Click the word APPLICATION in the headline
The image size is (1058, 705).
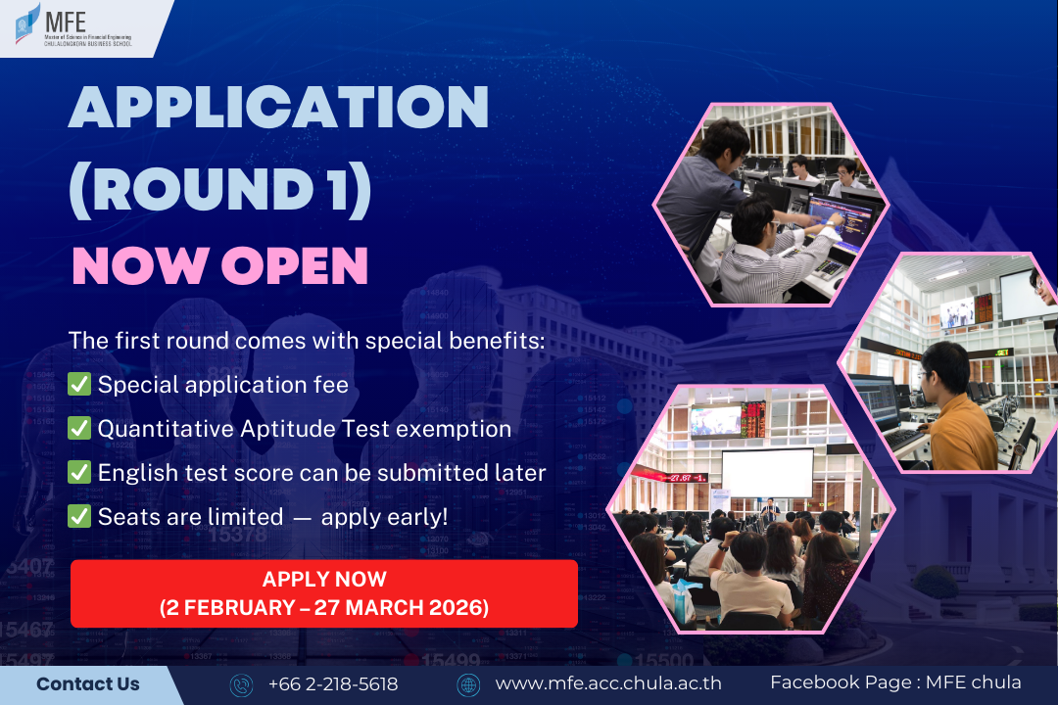pos(278,107)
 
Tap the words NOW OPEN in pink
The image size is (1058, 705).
pos(220,265)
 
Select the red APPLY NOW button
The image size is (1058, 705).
pos(324,593)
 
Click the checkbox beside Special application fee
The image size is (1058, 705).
pos(79,385)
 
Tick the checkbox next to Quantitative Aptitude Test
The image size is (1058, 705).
pos(79,429)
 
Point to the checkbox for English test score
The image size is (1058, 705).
pos(79,472)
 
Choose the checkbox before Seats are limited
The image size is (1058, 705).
pos(79,517)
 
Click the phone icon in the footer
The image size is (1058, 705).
pos(241,684)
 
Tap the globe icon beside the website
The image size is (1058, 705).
pos(468,684)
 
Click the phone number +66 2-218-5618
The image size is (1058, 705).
pos(333,684)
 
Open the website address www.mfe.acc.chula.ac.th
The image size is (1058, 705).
pos(608,683)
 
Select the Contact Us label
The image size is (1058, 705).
pos(88,684)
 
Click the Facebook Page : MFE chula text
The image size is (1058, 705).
pos(896,682)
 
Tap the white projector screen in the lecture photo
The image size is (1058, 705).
pos(768,473)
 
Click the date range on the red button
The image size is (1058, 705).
pos(324,608)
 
